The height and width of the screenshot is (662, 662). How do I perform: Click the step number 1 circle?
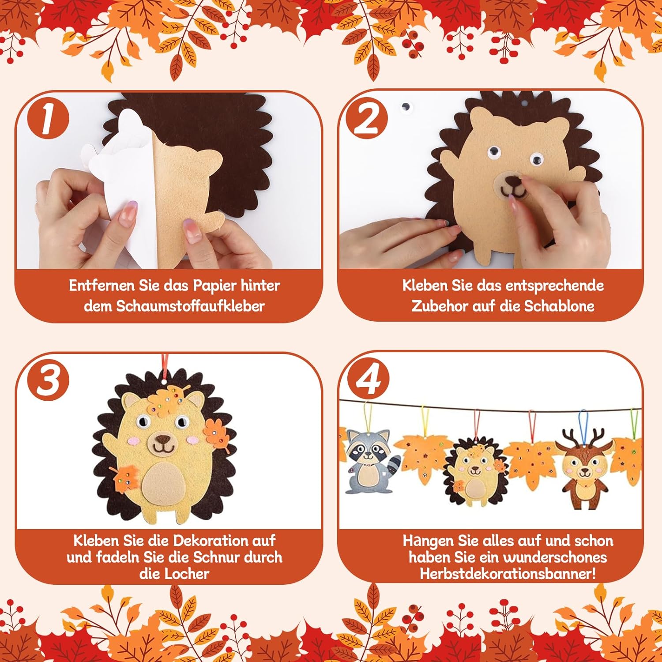[x=48, y=119]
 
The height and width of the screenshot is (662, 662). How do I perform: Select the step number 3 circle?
[x=48, y=380]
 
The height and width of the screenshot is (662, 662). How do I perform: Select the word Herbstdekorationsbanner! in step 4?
[x=508, y=574]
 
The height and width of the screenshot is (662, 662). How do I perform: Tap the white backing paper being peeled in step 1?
[x=115, y=185]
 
